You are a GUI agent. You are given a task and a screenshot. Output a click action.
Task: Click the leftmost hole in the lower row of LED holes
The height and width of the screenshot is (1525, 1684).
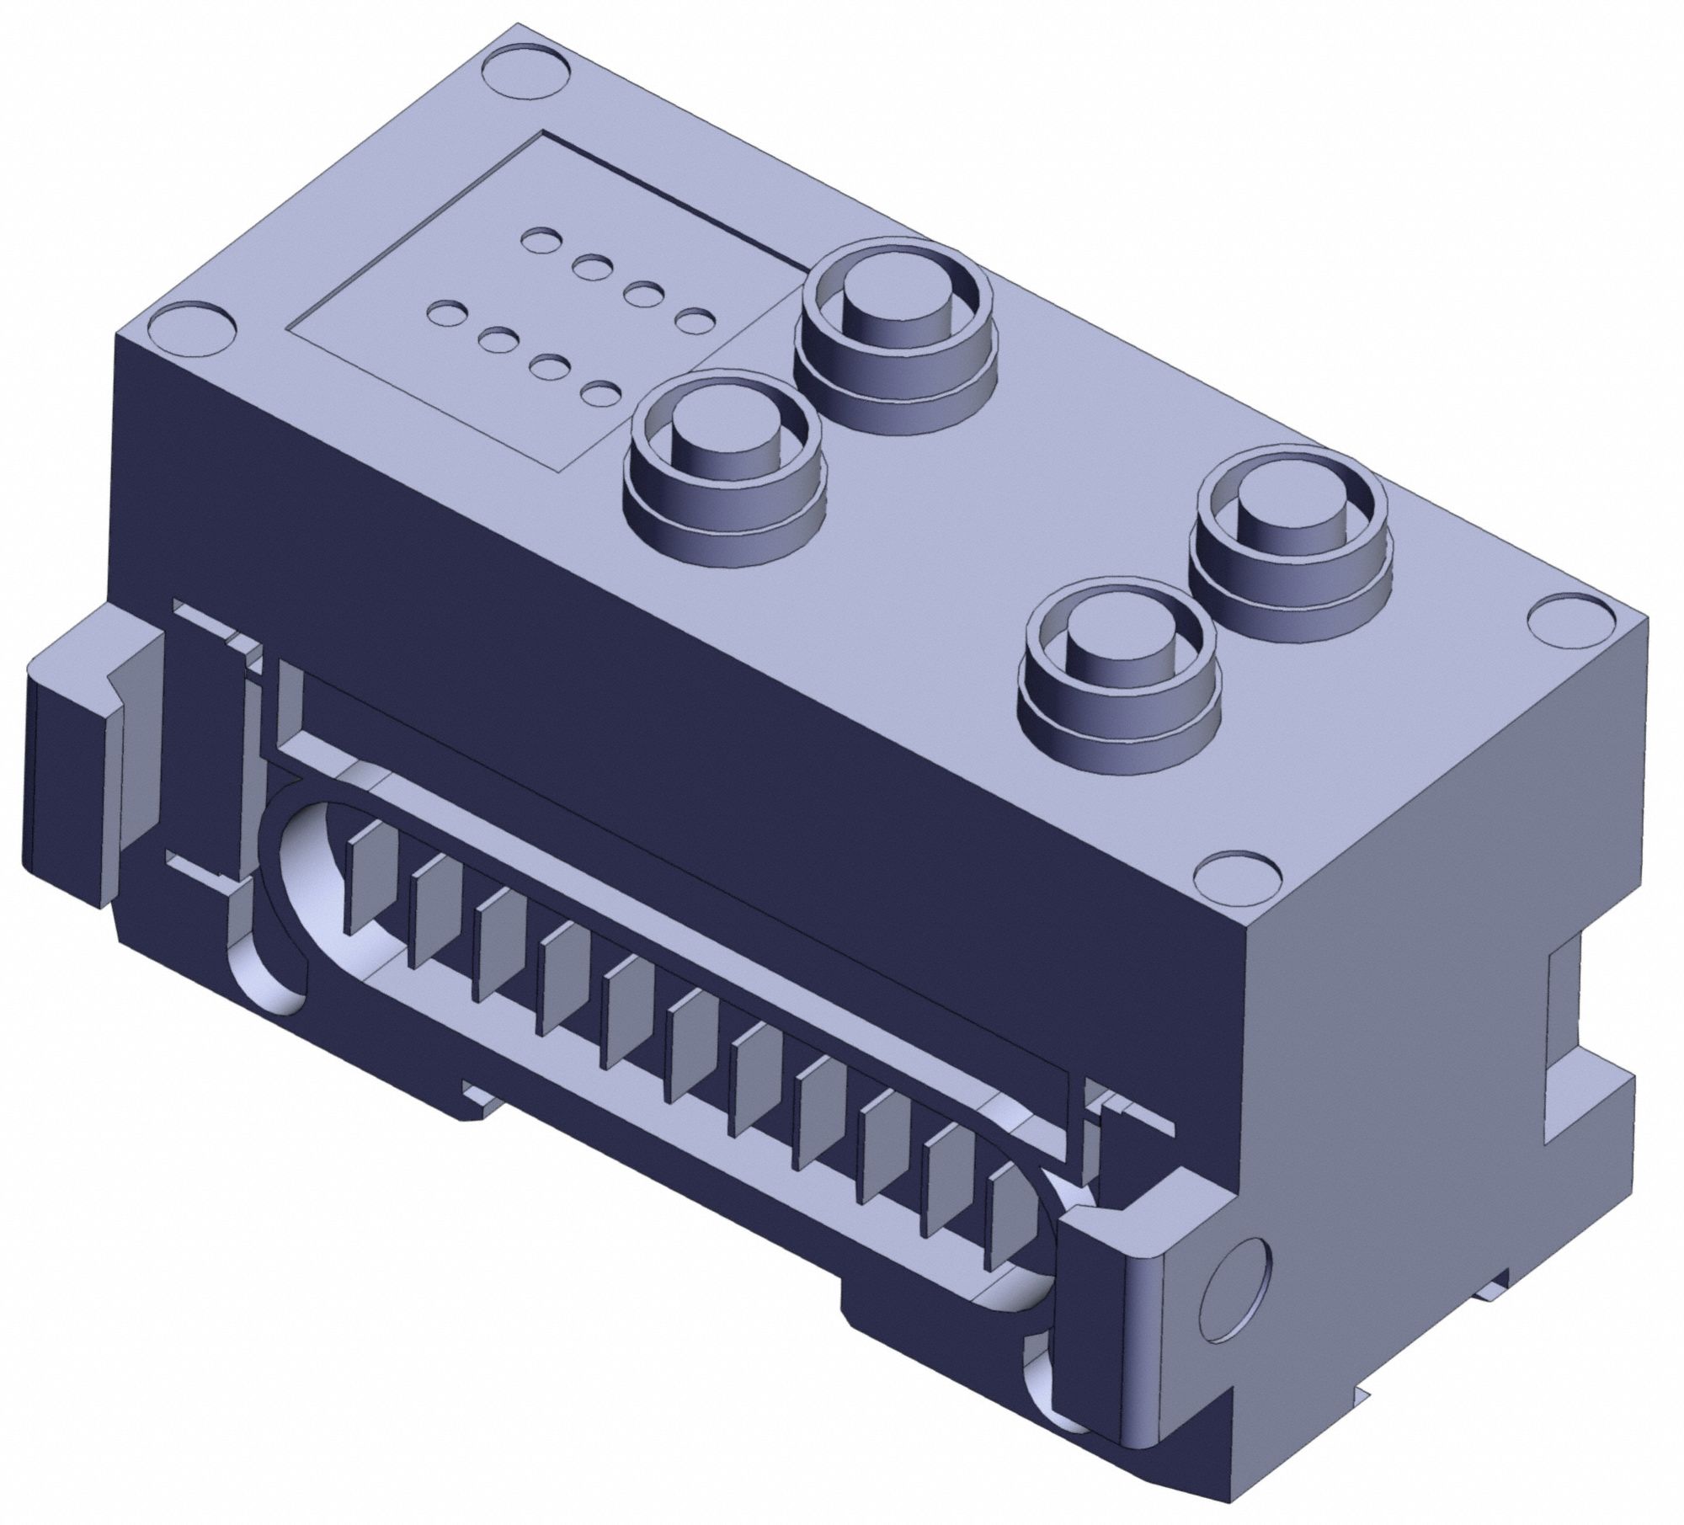pos(443,315)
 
